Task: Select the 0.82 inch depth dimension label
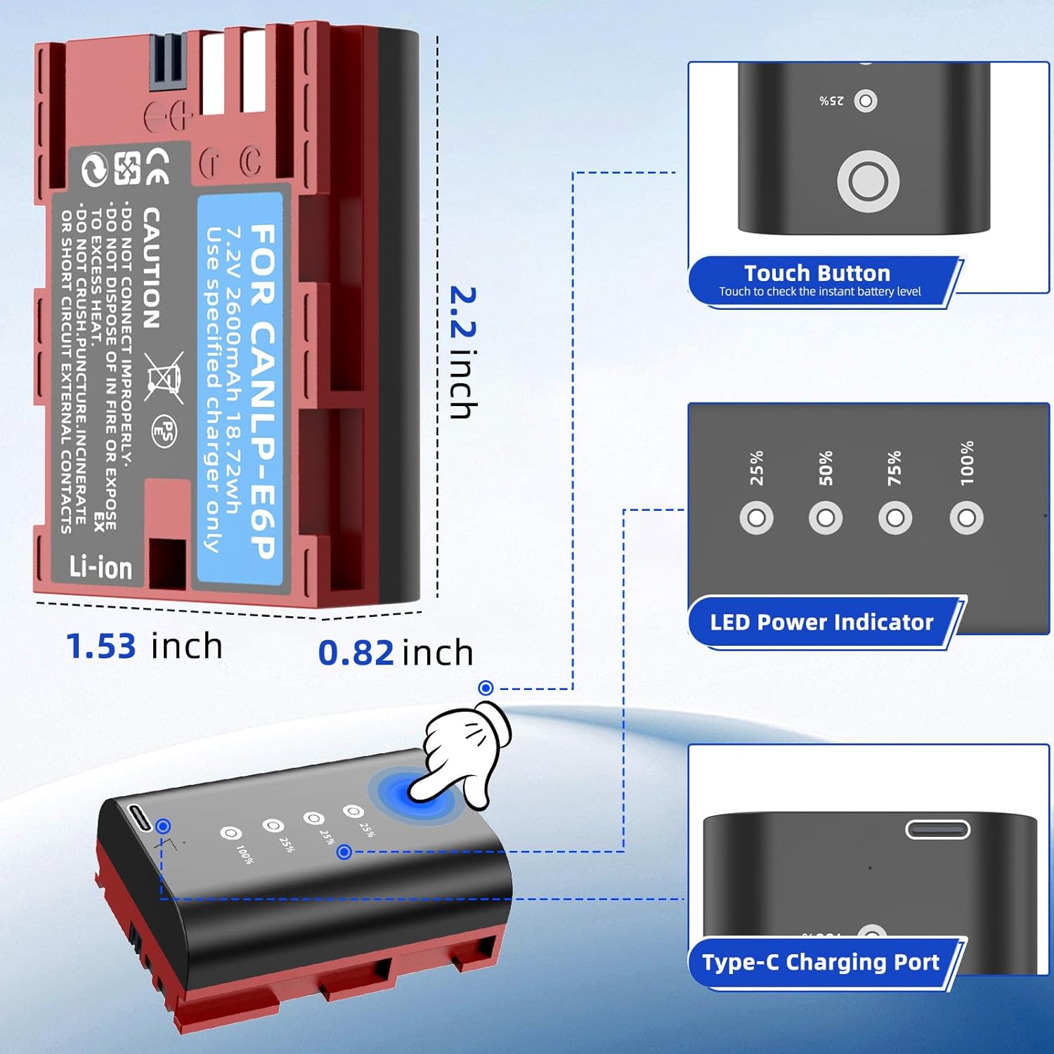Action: (396, 652)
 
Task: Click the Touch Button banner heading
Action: (817, 273)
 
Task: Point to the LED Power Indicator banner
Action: (821, 622)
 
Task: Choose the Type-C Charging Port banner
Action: (821, 962)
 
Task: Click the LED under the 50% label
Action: (826, 519)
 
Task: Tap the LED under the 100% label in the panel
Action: (966, 519)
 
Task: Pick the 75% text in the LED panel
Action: (894, 468)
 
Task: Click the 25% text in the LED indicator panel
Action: (757, 468)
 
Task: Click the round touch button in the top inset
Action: (868, 181)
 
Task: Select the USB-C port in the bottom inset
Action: (937, 830)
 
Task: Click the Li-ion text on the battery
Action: (100, 568)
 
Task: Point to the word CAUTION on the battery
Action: (151, 268)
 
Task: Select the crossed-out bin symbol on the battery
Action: (164, 377)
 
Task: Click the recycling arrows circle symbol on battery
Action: (94, 169)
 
